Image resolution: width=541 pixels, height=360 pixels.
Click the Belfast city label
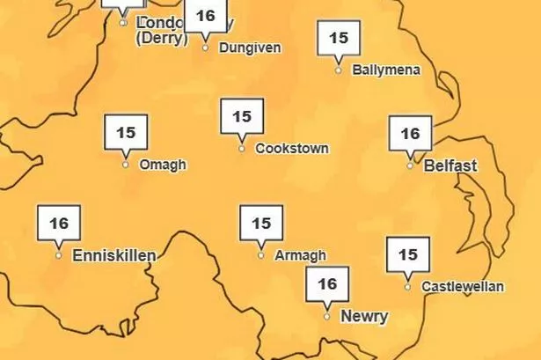450,165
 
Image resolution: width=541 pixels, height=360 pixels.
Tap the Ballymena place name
385,70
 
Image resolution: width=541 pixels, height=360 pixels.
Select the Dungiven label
249,48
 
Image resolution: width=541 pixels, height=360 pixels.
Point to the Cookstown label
292,149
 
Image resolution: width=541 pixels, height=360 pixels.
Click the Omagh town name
163,165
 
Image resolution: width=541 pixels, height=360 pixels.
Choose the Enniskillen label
113,255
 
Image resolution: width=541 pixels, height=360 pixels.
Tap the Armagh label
300,255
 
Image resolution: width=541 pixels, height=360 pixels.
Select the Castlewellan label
463,286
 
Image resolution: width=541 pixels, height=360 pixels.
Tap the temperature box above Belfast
410,135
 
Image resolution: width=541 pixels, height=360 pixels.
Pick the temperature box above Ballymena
339,39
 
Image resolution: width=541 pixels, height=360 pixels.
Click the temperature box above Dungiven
205,17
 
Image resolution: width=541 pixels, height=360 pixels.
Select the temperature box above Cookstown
242,116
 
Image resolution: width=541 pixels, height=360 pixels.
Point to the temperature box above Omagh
126,133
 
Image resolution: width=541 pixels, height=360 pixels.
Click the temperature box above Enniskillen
59,224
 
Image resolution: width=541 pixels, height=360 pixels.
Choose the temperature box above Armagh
261,224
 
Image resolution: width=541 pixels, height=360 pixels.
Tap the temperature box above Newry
327,283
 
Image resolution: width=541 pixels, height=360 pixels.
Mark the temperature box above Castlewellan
408,255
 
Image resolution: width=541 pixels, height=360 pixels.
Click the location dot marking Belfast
410,165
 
